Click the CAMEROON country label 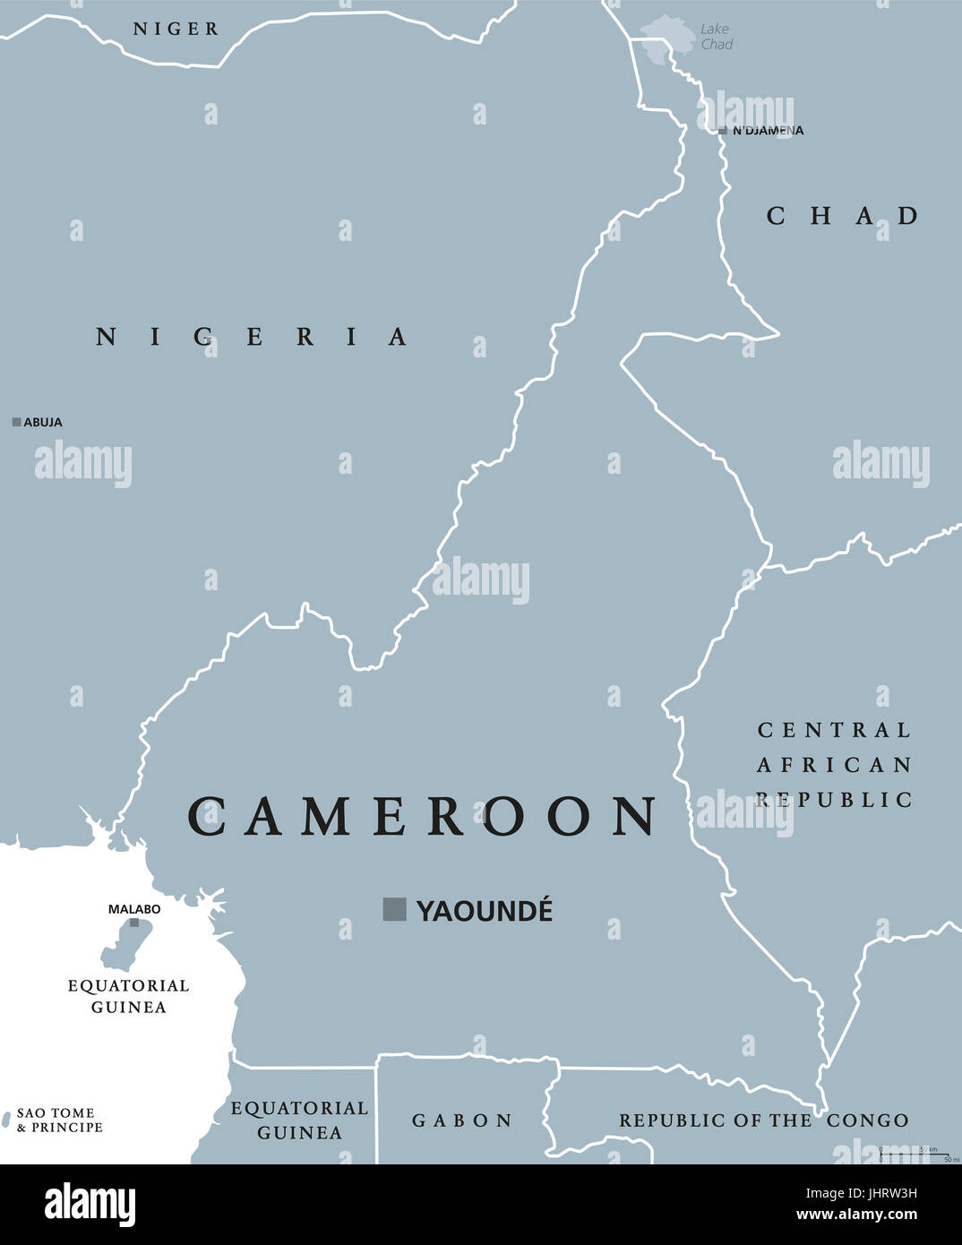[422, 816]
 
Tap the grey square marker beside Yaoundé [394, 909]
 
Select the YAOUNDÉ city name [485, 911]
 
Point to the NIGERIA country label [253, 337]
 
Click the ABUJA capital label [43, 422]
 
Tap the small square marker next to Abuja [16, 422]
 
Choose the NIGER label [176, 29]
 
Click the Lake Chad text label [716, 37]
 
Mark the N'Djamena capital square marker [723, 131]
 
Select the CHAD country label [843, 216]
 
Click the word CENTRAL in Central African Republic [834, 730]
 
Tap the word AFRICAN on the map [834, 765]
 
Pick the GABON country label [462, 1120]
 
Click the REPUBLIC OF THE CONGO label [763, 1120]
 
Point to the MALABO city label [134, 909]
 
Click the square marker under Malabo [134, 923]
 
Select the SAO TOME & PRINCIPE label [59, 1120]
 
